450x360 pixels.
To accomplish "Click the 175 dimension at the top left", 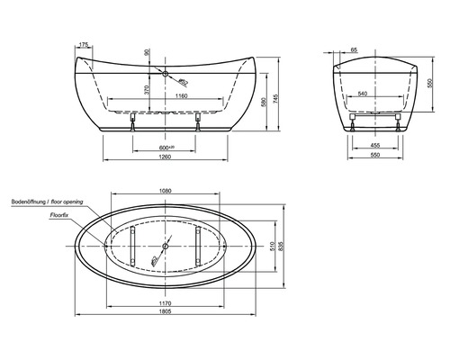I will pyautogui.click(x=84, y=44).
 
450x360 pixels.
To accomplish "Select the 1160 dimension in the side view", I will pyautogui.click(x=181, y=95).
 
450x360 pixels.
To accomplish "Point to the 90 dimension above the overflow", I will pyautogui.click(x=149, y=53).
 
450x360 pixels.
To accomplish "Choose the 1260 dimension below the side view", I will pyautogui.click(x=166, y=160).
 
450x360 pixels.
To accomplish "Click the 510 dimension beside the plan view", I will pyautogui.click(x=274, y=243).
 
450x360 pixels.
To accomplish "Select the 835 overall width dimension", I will pyautogui.click(x=286, y=243).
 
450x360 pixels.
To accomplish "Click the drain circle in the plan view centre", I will pyautogui.click(x=166, y=243).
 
